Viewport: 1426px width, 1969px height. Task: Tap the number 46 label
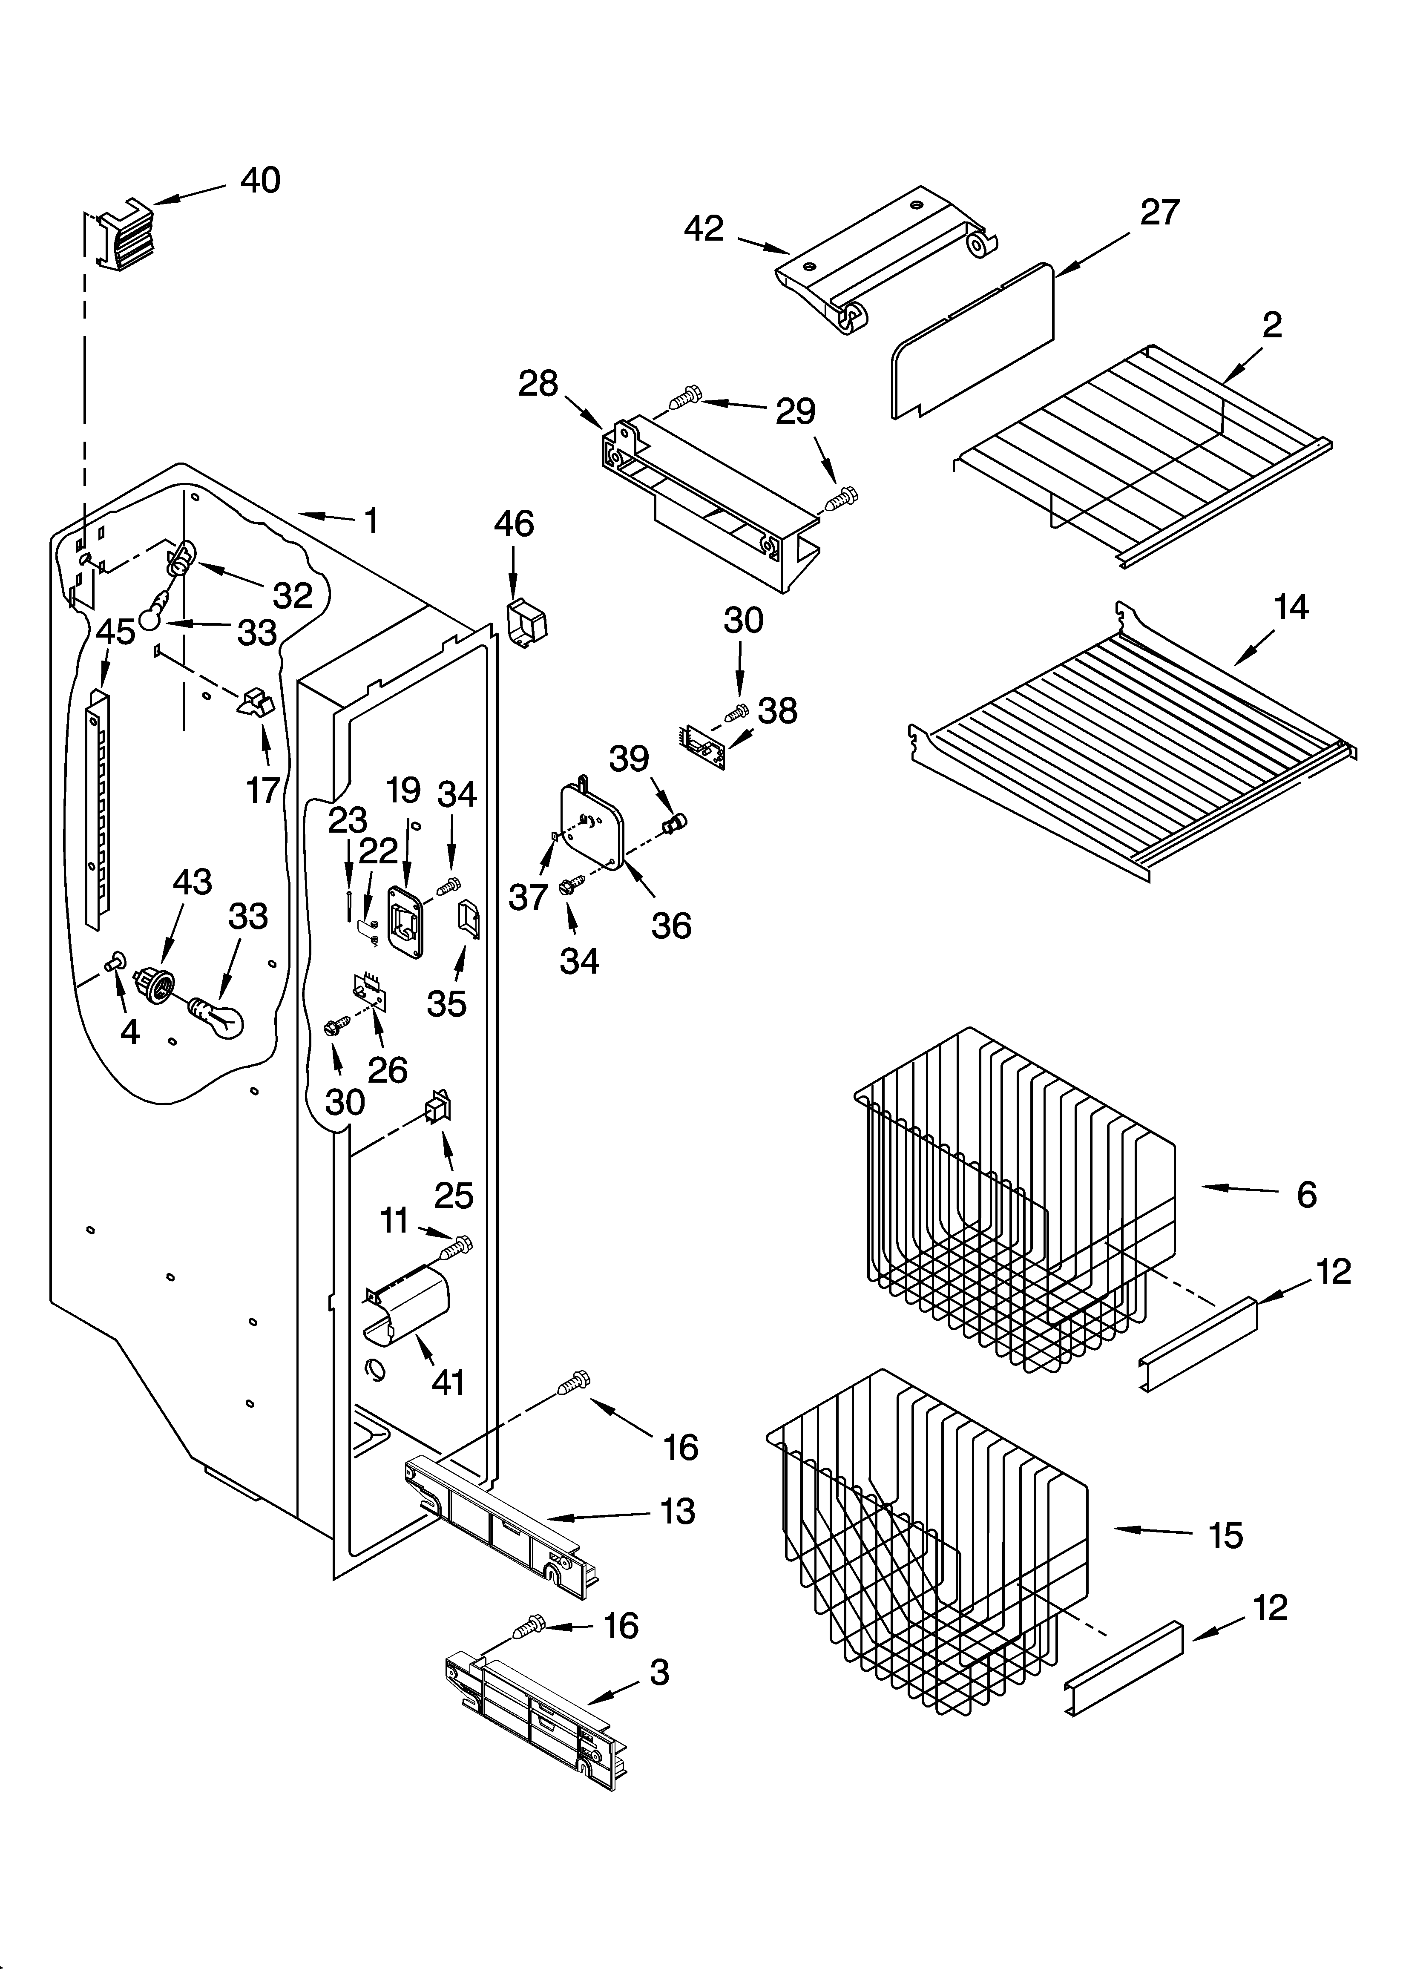pos(514,524)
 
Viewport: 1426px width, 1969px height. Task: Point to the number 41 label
pos(448,1382)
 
